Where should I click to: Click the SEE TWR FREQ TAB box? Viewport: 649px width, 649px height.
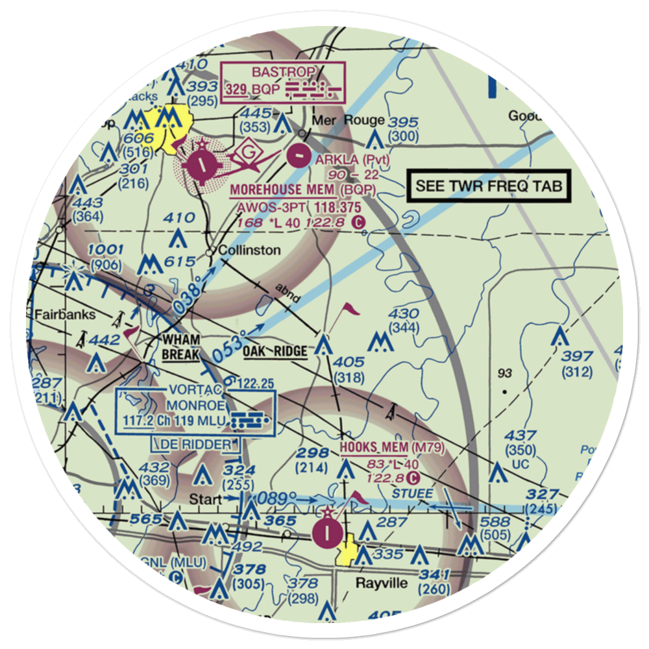489,186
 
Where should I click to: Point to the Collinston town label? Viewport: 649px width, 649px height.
250,251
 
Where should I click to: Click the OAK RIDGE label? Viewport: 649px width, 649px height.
276,352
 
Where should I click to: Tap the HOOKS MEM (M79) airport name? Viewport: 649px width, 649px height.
391,447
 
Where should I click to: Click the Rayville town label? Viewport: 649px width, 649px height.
382,583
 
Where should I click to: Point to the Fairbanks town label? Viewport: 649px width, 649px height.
65,315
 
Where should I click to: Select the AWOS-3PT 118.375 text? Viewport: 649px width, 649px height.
300,206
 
